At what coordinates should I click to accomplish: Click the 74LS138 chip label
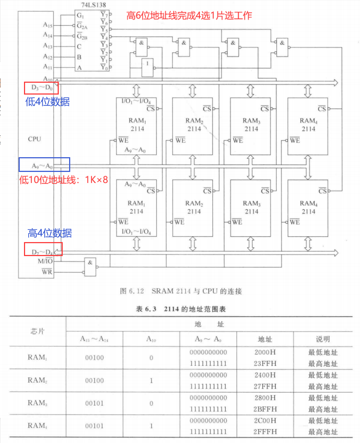tap(93, 5)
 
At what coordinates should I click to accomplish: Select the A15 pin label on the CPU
tap(48, 25)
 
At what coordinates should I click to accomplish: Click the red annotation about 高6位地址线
tap(189, 15)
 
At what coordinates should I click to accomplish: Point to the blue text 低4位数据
tap(47, 102)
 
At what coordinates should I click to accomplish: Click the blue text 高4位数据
tap(50, 233)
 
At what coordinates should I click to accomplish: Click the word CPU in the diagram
tap(34, 139)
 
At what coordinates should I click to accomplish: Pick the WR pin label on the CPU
tap(47, 272)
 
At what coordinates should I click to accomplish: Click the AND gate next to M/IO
tap(90, 267)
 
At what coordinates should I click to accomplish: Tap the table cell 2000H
tap(265, 352)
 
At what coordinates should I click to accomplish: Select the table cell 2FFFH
tap(265, 432)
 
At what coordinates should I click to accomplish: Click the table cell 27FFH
tap(265, 386)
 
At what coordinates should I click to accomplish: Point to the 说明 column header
tap(323, 339)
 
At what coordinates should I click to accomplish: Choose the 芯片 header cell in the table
tap(38, 331)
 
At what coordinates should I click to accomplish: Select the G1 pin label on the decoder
tap(81, 16)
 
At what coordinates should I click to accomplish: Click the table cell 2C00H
tap(265, 420)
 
